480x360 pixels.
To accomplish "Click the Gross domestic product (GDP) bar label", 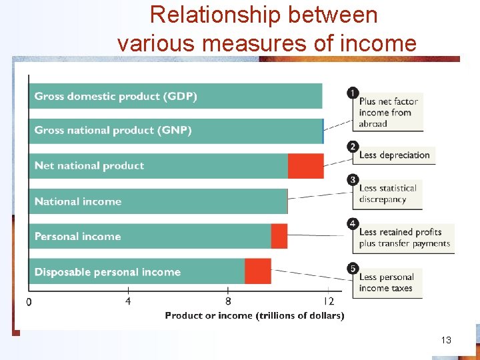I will [x=115, y=96].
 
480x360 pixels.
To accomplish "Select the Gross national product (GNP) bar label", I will [x=113, y=131].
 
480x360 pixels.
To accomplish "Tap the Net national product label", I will [x=89, y=166].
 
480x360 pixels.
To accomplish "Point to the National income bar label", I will [x=77, y=201].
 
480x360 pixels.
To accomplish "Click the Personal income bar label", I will [x=77, y=237].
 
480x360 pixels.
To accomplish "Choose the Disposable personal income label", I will [x=107, y=272].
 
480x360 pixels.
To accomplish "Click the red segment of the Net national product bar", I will [x=305, y=166].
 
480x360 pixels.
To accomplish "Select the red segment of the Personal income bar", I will [x=279, y=237].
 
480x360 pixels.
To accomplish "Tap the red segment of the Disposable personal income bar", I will [x=257, y=271].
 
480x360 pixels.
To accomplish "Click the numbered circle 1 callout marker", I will [x=353, y=93].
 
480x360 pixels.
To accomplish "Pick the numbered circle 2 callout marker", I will [x=353, y=147].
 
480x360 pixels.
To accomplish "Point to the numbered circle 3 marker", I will [x=353, y=180].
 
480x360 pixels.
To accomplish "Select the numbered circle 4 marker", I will [x=353, y=223].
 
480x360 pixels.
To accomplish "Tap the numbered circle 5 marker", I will [x=353, y=269].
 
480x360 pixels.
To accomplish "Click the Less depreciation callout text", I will [x=394, y=155].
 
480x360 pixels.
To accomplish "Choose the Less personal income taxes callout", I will [x=387, y=283].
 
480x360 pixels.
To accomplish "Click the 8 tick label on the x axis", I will [x=228, y=301].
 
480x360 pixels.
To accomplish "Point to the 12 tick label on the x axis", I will [x=327, y=301].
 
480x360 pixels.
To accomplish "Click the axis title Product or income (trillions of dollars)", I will [x=255, y=315].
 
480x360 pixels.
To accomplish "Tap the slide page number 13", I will [x=446, y=340].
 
